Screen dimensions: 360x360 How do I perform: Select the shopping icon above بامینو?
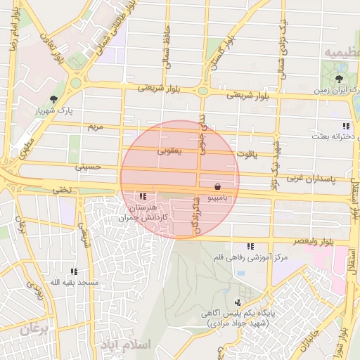coord(217,187)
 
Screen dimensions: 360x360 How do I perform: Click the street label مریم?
coord(94,127)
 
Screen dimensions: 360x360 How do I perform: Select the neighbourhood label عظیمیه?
coord(340,53)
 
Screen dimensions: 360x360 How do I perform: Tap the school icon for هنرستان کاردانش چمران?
coord(143,197)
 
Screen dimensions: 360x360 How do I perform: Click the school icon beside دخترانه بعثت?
coord(345,126)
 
